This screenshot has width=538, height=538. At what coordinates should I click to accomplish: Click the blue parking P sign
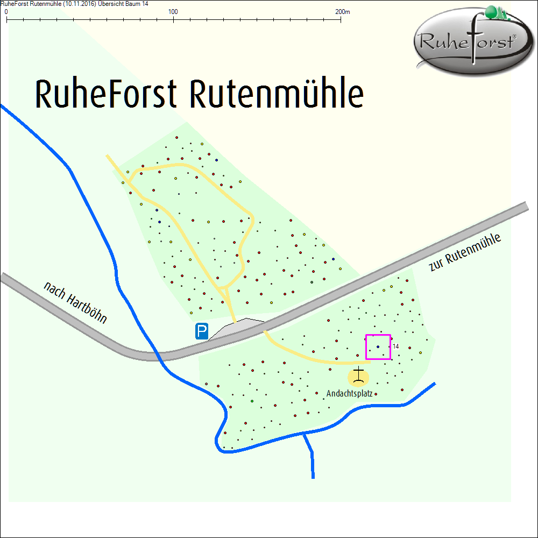(202, 331)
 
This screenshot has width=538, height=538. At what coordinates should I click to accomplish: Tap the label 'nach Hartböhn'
(75, 303)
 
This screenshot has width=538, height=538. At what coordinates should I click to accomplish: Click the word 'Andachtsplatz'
(349, 394)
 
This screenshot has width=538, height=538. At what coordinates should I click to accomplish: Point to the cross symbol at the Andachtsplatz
(358, 375)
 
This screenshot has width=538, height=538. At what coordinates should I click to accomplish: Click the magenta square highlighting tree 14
(378, 347)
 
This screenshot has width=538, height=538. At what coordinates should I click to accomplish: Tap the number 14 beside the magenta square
(395, 346)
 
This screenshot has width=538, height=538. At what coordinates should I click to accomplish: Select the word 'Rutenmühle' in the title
(277, 94)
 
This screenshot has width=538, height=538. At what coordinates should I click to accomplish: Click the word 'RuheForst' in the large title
(106, 94)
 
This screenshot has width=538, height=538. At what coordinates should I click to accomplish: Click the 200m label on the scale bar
(342, 11)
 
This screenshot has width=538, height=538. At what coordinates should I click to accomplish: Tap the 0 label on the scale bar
(6, 11)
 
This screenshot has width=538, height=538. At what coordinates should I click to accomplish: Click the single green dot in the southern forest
(252, 401)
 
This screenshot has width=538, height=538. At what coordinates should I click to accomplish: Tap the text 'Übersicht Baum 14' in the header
(123, 3)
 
